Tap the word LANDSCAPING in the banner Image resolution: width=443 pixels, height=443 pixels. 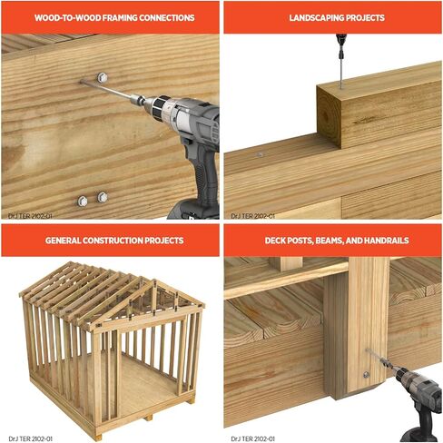pos(316,18)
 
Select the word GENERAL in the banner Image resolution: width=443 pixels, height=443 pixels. pos(64,241)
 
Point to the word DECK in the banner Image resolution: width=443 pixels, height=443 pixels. pos(274,241)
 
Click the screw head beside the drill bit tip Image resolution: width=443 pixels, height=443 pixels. pos(103,77)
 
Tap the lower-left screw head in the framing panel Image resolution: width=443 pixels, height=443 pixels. pos(83,201)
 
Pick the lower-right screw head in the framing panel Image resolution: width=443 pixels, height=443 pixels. pos(103,197)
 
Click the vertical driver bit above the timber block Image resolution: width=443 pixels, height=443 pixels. pos(340,62)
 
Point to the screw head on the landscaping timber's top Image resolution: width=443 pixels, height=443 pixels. pos(260,155)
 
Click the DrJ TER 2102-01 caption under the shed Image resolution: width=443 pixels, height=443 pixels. pos(31,438)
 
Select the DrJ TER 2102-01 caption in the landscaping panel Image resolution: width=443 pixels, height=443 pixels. pos(253,216)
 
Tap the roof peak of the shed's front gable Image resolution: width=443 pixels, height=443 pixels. pos(155,281)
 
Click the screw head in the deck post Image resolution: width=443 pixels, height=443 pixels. pos(367,375)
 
